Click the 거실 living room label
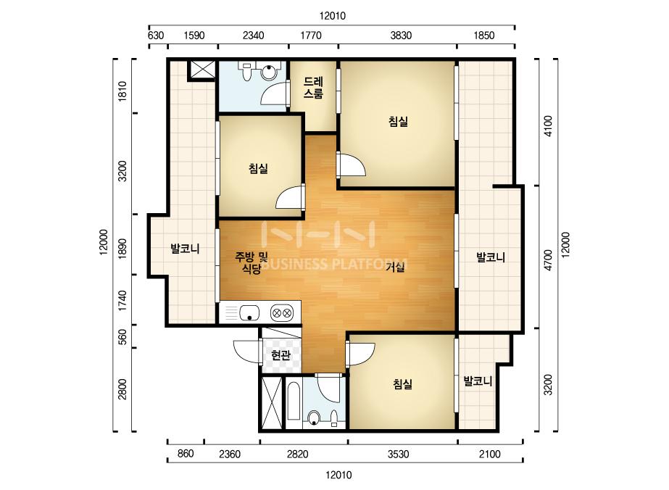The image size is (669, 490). pos(395,267)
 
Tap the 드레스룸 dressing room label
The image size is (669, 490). pos(313,88)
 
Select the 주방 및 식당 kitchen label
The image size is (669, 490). pos(251,262)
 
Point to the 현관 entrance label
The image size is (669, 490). pos(280,355)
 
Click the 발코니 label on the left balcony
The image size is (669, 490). pos(185,249)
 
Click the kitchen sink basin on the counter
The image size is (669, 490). pos(249,313)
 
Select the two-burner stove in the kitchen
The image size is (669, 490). pos(281,313)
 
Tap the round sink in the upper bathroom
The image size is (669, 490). pos(270,72)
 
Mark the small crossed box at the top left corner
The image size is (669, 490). pos(201,70)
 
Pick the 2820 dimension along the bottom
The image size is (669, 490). pos(297,454)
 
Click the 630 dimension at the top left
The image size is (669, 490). pos(156,36)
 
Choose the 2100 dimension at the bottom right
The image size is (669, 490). pos(490,454)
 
